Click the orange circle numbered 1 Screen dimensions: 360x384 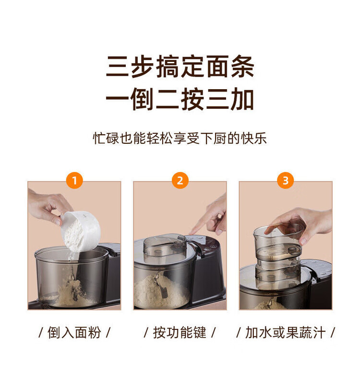click(74, 180)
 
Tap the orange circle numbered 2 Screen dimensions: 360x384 click(180, 180)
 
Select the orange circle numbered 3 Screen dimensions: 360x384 click(286, 180)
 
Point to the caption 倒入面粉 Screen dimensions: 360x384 click(74, 333)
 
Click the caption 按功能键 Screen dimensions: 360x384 click(180, 333)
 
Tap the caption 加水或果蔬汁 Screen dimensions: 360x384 click(286, 333)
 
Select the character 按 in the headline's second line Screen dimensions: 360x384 click(192, 99)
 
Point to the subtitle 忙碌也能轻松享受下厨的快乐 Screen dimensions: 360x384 click(180, 139)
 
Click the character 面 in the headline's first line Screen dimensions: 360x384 click(217, 66)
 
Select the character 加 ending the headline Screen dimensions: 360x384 click(242, 99)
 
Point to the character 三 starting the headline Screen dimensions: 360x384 click(118, 66)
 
